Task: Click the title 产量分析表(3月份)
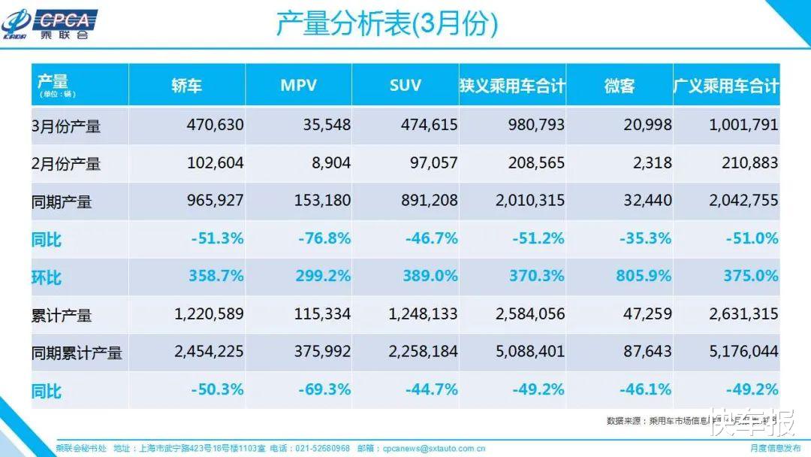click(x=387, y=25)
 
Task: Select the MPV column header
click(x=298, y=85)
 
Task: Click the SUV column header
click(x=405, y=85)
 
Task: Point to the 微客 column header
click(x=620, y=85)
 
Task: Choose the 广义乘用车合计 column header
click(x=726, y=85)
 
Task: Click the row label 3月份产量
click(x=66, y=126)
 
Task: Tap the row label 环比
click(x=47, y=277)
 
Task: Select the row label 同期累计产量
click(x=77, y=353)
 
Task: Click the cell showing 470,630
click(x=215, y=125)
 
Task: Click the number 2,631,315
click(x=743, y=314)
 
